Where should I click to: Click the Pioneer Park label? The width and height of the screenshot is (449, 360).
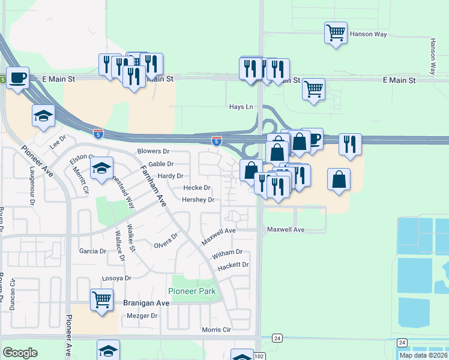[191, 292]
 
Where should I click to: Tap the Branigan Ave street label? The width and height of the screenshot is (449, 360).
[147, 304]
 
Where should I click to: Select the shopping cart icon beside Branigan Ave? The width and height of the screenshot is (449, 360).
[101, 299]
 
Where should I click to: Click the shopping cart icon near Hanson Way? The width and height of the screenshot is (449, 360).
[336, 31]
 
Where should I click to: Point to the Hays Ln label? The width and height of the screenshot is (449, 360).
[241, 107]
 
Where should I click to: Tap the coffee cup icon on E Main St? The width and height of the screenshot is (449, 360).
[17, 77]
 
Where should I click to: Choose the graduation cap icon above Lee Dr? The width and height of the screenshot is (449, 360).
[43, 116]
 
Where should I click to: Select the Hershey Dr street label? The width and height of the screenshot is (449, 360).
[198, 200]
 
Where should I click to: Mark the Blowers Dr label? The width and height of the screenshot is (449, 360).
[154, 152]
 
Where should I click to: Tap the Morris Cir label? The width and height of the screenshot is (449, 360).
[216, 330]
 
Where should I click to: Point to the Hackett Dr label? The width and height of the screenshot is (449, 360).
[233, 265]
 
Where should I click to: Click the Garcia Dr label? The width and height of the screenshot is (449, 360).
[92, 251]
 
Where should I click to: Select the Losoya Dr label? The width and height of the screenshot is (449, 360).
[116, 278]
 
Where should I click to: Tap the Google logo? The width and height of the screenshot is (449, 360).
[20, 353]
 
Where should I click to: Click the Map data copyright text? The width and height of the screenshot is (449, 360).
[423, 355]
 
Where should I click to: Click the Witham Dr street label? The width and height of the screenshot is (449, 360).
[227, 253]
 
